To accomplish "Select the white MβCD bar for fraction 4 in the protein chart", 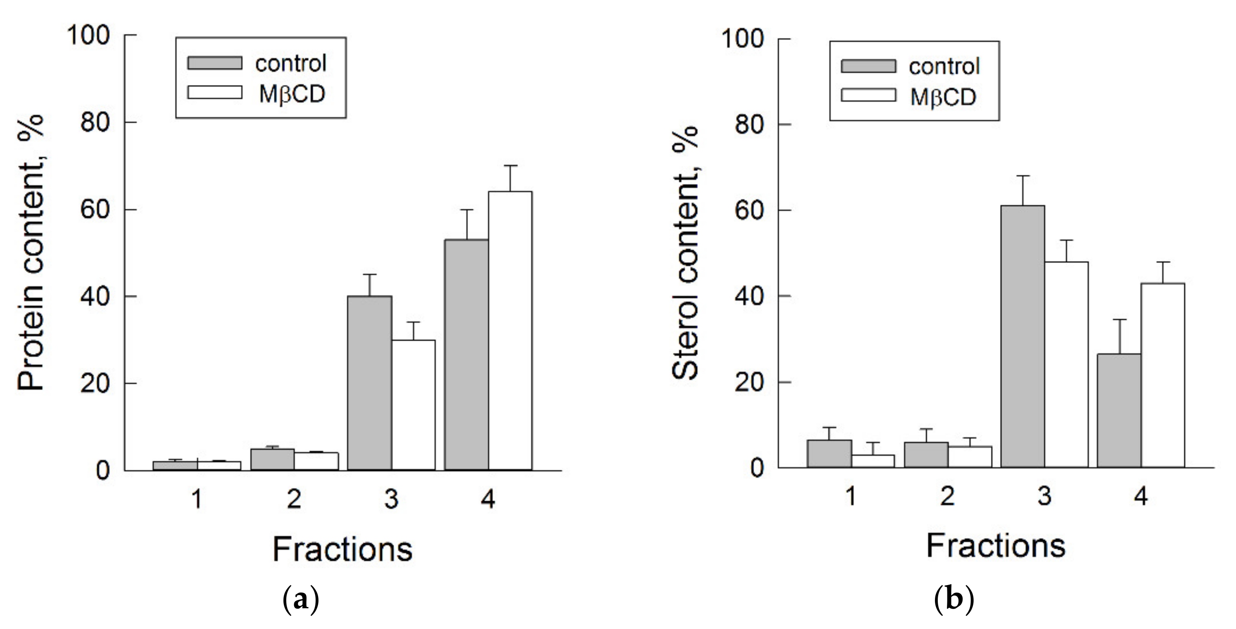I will pos(510,330).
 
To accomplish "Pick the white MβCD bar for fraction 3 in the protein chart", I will pos(413,405).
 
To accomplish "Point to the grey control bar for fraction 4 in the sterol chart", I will pos(1119,410).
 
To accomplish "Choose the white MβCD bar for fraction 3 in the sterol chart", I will pos(1066,365).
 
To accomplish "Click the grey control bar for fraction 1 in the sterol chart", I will pos(829,454).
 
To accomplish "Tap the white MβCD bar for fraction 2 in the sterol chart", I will pos(970,457).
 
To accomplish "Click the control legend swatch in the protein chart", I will pos(214,63).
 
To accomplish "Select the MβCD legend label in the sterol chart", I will pos(943,97).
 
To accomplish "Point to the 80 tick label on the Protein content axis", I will pos(95,123).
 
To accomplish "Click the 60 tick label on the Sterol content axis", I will pos(749,210).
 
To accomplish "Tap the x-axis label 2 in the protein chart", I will pos(294,499).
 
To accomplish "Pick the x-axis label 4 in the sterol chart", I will pos(1141,496).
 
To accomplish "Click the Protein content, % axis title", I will pos(31,252).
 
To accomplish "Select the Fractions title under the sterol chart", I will pos(996,546).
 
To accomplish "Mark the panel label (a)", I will pos(301,599).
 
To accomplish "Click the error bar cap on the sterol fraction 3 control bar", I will pos(1022,176).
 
